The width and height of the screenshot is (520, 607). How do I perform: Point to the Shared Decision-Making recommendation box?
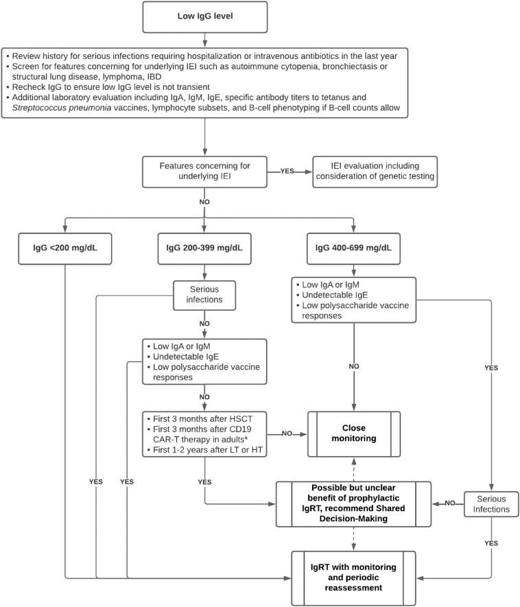[353, 504]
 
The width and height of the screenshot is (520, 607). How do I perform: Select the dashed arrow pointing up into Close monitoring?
[353, 466]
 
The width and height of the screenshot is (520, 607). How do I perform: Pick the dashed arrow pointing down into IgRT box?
[353, 539]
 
